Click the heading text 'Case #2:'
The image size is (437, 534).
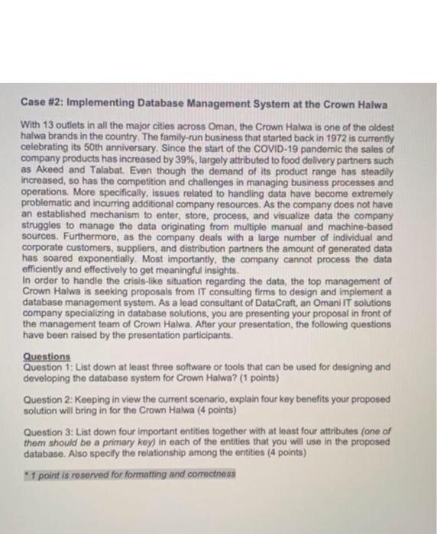pos(34,105)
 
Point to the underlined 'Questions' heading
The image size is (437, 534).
pos(47,355)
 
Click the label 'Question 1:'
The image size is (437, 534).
pos(50,366)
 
